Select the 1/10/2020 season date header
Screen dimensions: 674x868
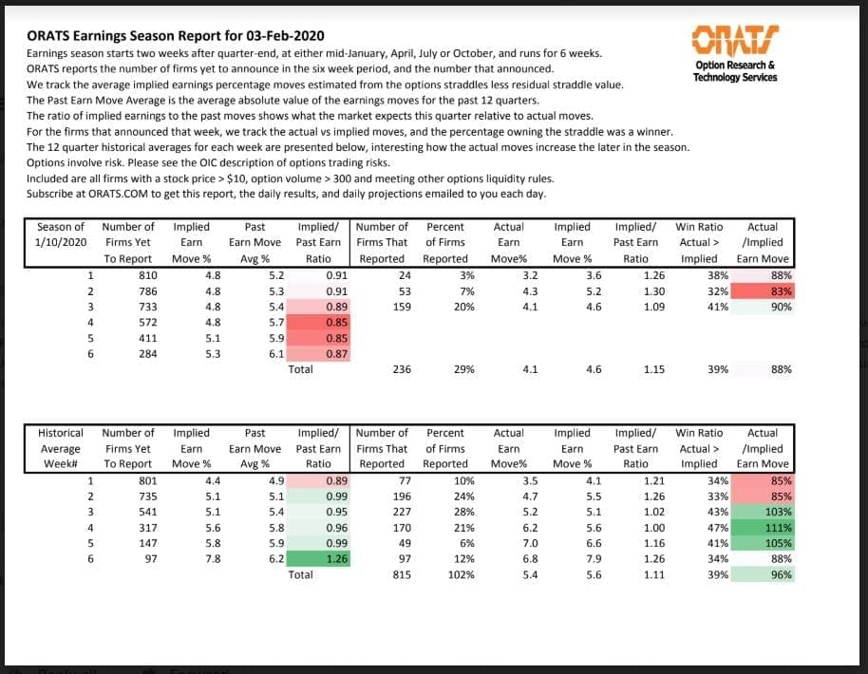tap(60, 242)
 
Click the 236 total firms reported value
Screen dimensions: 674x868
tap(401, 369)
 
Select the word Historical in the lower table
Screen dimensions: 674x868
tap(61, 433)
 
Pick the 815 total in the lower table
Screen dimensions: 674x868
tap(401, 574)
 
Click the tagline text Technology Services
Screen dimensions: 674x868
tap(735, 77)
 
